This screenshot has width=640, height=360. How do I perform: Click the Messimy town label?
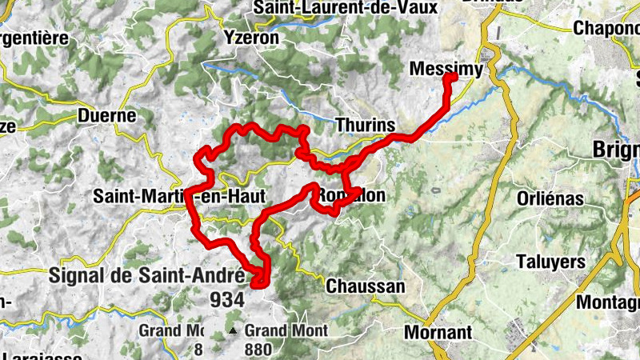tap(446, 70)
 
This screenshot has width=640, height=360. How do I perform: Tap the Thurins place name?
tap(366, 126)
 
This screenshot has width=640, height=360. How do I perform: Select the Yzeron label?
tap(251, 37)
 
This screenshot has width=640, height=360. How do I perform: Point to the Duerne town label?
tap(107, 115)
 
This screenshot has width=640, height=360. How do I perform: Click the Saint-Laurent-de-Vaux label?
tap(346, 8)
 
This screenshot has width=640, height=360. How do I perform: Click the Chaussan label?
tap(366, 286)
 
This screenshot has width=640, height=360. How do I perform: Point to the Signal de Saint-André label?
tap(146, 275)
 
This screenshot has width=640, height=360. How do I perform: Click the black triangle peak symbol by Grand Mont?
tap(233, 330)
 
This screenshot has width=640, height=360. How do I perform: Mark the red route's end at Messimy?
tap(450, 78)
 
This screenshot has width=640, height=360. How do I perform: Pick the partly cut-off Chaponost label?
tap(606, 28)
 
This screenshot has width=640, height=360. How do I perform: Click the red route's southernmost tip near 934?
tap(258, 282)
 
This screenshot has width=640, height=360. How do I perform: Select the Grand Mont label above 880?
tap(286, 330)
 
